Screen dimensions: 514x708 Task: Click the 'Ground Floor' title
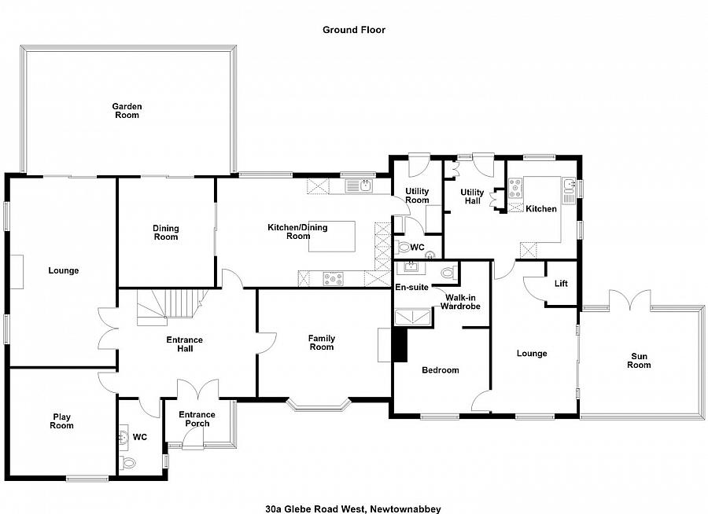(x=353, y=30)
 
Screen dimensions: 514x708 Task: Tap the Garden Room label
(x=126, y=111)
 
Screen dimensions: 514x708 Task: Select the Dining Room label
(x=165, y=233)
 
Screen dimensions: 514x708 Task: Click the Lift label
(x=561, y=284)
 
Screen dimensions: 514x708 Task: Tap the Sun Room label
(x=639, y=361)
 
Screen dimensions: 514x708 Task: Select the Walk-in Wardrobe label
(x=459, y=302)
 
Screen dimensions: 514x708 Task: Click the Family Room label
(x=321, y=343)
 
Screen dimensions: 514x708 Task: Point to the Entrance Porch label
(x=197, y=420)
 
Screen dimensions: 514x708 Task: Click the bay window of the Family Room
(x=318, y=406)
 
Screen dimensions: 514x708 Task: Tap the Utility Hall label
(x=472, y=196)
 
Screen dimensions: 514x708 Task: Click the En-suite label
(x=411, y=288)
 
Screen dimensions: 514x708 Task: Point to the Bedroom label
(x=440, y=370)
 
